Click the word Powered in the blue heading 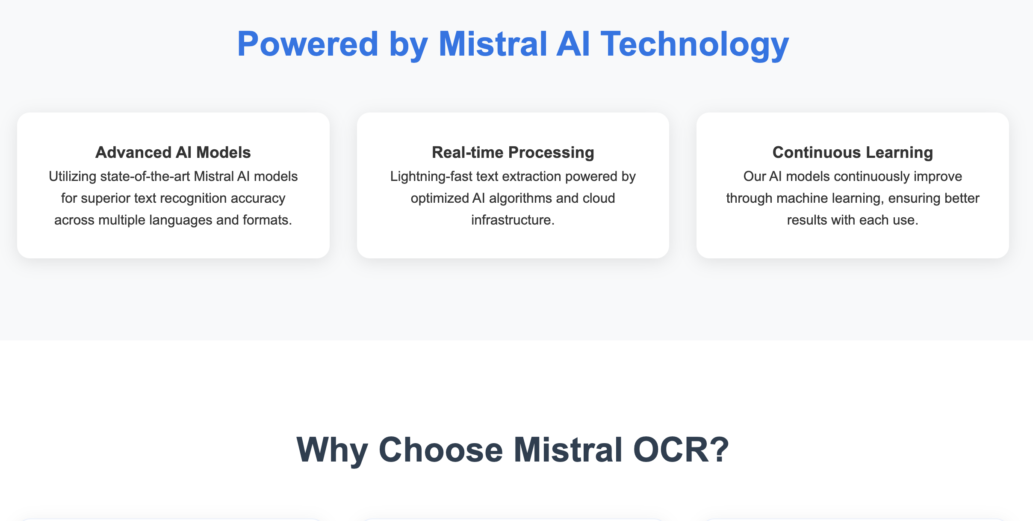coord(308,44)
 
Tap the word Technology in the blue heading coord(695,45)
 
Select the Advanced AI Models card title coord(173,152)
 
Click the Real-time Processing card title coord(513,153)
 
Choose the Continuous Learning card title coord(853,153)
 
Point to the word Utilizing coord(73,177)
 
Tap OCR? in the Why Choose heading coord(681,450)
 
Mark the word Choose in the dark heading coord(441,450)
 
